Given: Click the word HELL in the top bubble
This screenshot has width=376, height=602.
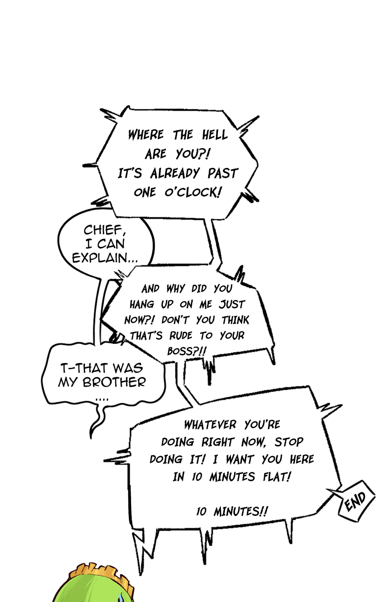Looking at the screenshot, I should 215,135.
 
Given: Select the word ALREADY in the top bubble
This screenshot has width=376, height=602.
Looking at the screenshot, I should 175,174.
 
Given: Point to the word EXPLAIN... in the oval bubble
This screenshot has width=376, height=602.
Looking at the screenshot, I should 105,258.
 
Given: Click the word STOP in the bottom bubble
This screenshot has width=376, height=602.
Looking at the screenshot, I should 289,442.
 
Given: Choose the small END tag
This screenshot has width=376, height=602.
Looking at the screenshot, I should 357,503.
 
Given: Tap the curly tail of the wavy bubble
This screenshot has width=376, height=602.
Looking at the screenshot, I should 97,421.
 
